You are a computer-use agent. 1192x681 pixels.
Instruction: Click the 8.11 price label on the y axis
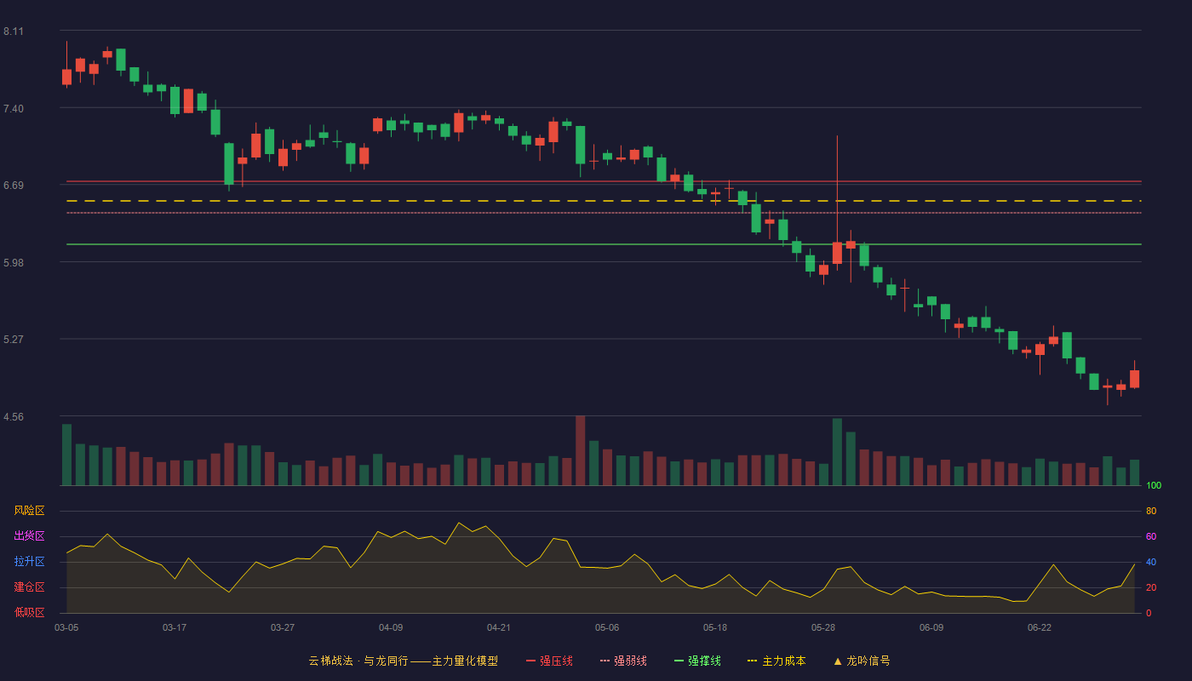14,31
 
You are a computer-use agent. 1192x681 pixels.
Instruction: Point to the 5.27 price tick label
14,340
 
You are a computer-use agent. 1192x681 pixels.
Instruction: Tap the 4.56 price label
14,417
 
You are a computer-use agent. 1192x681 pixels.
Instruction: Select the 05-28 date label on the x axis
822,628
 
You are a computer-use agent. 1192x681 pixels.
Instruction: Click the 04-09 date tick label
391,628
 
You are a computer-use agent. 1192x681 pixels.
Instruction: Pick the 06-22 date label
1040,628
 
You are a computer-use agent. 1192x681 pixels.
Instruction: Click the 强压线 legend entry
549,661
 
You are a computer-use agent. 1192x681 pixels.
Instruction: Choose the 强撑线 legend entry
697,661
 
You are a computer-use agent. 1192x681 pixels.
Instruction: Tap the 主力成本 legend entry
777,661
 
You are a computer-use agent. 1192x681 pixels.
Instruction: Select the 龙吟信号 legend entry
862,661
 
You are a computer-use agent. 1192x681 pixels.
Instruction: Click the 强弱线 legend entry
623,661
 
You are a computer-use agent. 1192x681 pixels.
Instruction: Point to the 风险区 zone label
29,511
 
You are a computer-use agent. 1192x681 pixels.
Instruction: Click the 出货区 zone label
29,535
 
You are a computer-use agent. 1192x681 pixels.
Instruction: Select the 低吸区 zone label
29,612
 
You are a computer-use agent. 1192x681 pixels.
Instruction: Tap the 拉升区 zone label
29,561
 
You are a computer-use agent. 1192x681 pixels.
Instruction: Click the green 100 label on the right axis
1154,485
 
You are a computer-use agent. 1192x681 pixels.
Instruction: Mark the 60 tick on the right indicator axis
1151,536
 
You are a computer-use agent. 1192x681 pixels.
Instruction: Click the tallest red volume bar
580,450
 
